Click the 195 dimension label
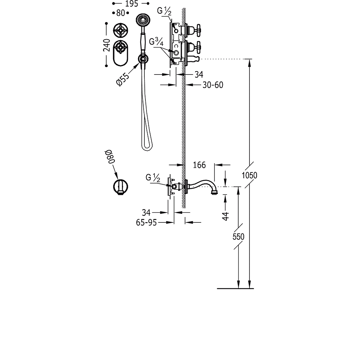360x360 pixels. (x=131, y=4)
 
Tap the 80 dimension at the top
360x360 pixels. (x=121, y=13)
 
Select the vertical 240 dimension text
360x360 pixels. (x=107, y=45)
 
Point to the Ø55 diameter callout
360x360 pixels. (x=123, y=79)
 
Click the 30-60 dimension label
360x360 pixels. (x=213, y=85)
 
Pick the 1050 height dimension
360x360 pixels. (x=249, y=175)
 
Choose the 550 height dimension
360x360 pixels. (x=238, y=237)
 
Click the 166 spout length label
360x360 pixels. (x=199, y=165)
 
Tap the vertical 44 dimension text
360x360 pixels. (x=226, y=216)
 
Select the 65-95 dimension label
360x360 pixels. (x=146, y=222)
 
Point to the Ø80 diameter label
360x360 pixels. (x=110, y=156)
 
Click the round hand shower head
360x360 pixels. (x=143, y=20)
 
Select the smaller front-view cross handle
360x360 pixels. (x=121, y=30)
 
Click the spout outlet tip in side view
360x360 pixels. (x=214, y=192)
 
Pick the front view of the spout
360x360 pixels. (x=121, y=187)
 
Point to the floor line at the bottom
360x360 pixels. (x=235, y=288)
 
